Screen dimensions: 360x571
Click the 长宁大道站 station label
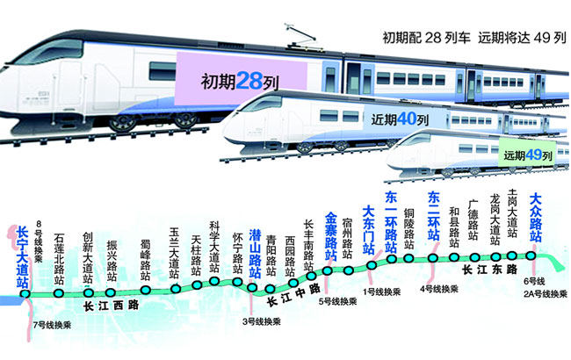pyautogui.click(x=23, y=256)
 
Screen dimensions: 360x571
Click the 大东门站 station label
pyautogui.click(x=369, y=230)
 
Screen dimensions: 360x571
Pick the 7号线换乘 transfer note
pyautogui.click(x=52, y=325)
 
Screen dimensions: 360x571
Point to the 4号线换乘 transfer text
pyautogui.click(x=439, y=288)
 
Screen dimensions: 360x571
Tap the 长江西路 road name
pyautogui.click(x=112, y=306)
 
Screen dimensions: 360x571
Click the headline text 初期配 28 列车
pyautogui.click(x=426, y=40)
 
